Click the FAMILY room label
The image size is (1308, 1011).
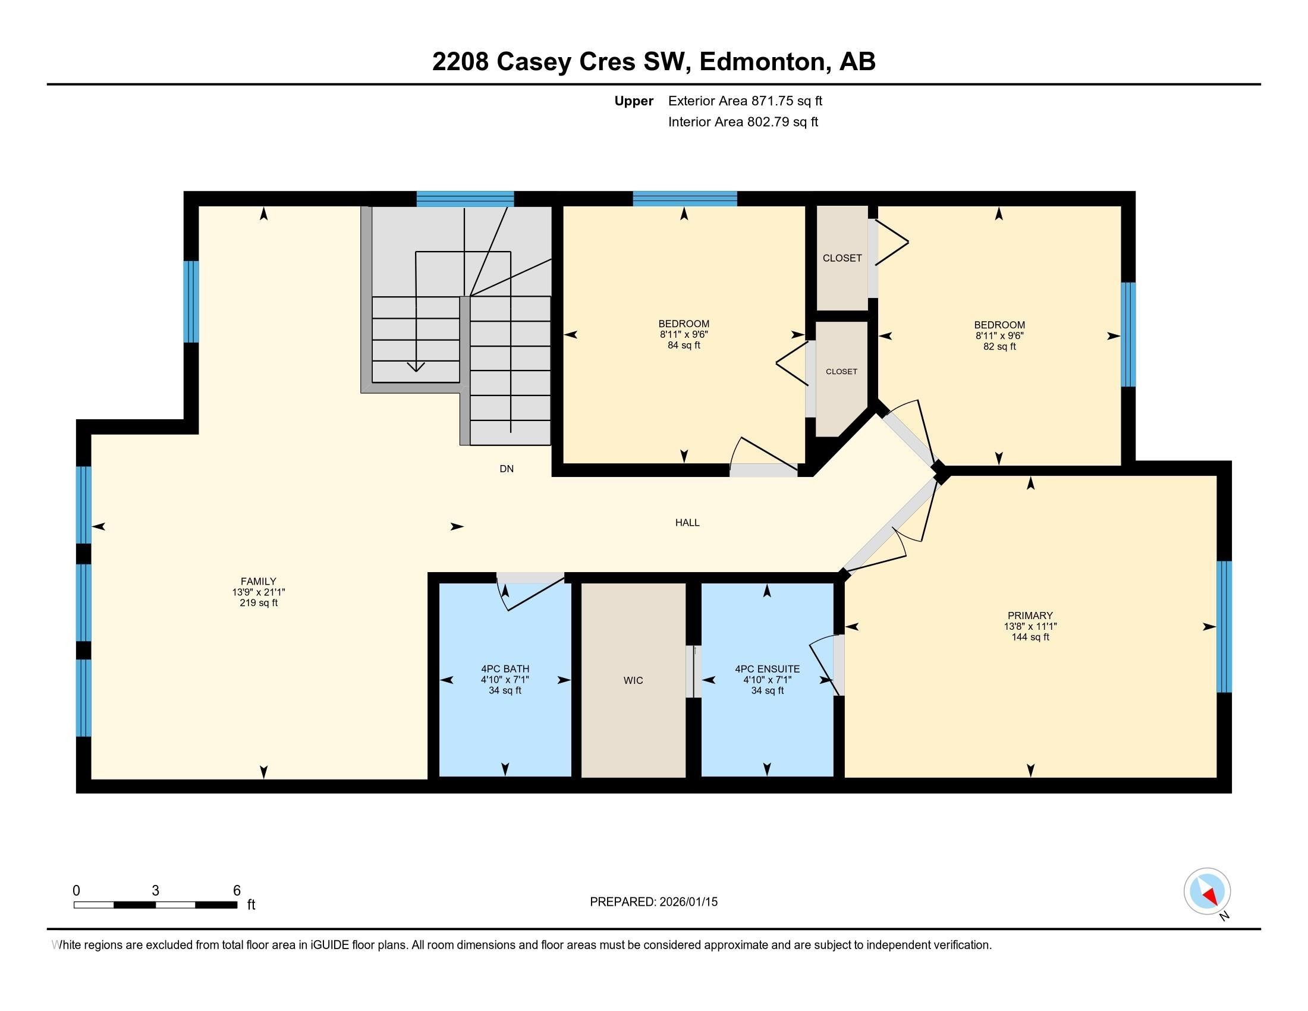pos(258,581)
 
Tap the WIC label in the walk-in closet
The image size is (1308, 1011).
pos(633,680)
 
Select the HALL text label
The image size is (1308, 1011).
pos(687,522)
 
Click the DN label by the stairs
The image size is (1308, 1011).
pos(506,469)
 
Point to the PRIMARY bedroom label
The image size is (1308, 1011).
pos(1030,615)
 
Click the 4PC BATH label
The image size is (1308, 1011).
pos(505,669)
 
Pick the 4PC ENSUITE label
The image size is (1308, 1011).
pos(767,669)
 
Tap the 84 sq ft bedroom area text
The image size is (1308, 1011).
pos(684,346)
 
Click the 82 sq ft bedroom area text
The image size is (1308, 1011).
pos(999,347)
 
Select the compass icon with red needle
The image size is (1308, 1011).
pos(1207,891)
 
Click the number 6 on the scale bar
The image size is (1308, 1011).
pos(237,891)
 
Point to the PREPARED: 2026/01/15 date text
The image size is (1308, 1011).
pos(653,902)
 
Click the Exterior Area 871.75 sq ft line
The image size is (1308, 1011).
pos(745,101)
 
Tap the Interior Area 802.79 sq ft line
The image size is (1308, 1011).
pos(743,122)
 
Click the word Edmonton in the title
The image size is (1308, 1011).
pos(762,62)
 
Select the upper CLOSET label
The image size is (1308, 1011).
pos(842,258)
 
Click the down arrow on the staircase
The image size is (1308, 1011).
pos(416,366)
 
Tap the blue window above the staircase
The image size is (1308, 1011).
pos(466,198)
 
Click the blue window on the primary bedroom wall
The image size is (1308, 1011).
pos(1224,626)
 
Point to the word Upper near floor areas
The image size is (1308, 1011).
pos(634,101)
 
